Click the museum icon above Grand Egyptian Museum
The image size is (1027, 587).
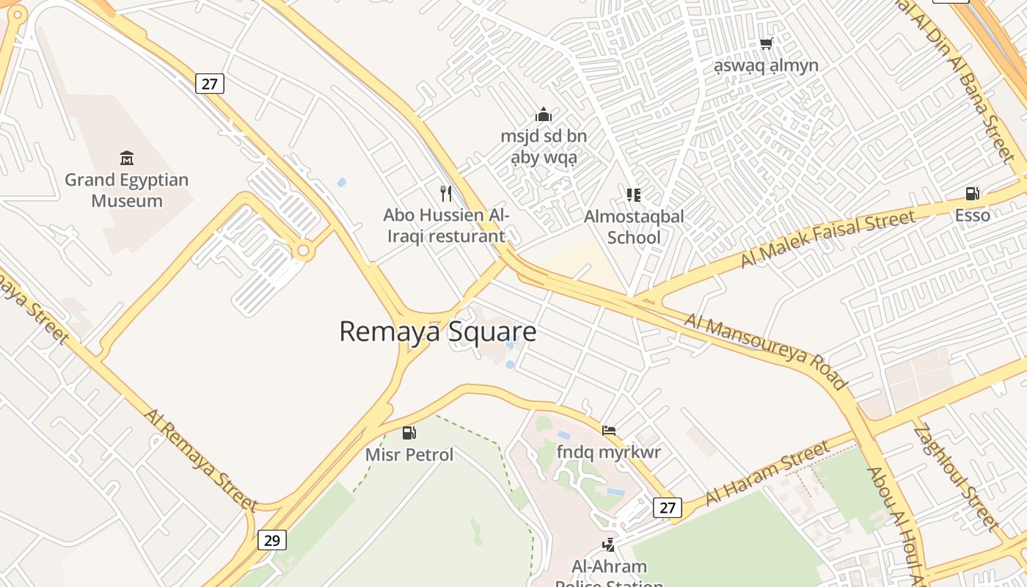pyautogui.click(x=127, y=158)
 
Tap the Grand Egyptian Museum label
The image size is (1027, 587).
pyautogui.click(x=127, y=190)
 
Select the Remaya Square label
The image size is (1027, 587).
pyautogui.click(x=437, y=332)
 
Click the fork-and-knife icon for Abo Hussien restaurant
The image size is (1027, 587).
pyautogui.click(x=445, y=193)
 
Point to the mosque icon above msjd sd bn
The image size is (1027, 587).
pyautogui.click(x=544, y=114)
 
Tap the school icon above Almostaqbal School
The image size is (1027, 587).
pyautogui.click(x=634, y=194)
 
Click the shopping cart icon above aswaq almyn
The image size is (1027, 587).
pyautogui.click(x=767, y=43)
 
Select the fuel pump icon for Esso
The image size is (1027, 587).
pyautogui.click(x=972, y=193)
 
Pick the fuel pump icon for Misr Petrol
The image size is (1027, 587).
pyautogui.click(x=409, y=433)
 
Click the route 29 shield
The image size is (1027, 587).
pyautogui.click(x=271, y=541)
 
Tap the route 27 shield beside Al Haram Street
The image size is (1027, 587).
pyautogui.click(x=667, y=507)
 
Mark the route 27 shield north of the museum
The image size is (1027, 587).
pyautogui.click(x=210, y=84)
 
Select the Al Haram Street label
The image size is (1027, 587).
pyautogui.click(x=767, y=473)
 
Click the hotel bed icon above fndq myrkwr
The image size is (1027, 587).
pyautogui.click(x=609, y=431)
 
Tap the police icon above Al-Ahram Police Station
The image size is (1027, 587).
pyautogui.click(x=608, y=544)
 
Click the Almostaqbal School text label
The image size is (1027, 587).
pyautogui.click(x=634, y=227)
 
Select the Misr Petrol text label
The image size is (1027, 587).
pyautogui.click(x=409, y=455)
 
